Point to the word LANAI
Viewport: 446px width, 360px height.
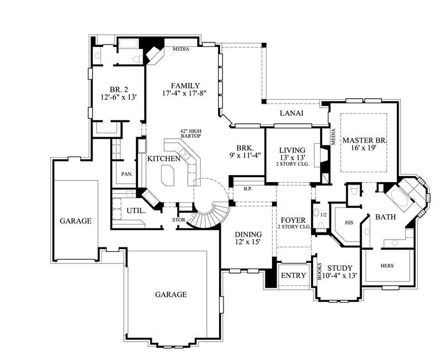click(292, 113)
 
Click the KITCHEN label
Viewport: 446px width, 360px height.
click(163, 159)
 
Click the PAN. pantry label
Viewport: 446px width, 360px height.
click(127, 173)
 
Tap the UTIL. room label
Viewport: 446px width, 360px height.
click(136, 211)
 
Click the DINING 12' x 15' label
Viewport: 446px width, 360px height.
click(246, 238)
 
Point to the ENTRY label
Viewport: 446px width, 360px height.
click(293, 276)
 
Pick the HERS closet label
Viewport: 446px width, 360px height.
click(387, 265)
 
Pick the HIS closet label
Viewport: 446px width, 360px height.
click(350, 222)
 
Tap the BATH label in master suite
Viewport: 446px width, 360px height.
click(385, 216)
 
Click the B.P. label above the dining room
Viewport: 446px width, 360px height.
click(248, 189)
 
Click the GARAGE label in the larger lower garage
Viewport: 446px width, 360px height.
click(171, 294)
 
